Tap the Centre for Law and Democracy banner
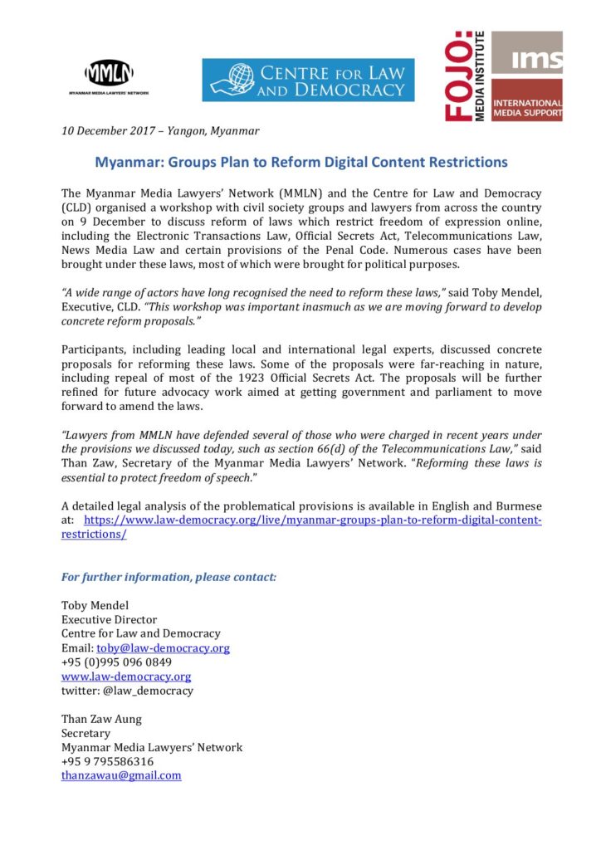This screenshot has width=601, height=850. tap(308, 80)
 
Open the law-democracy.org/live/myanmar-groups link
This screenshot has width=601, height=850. tap(313, 520)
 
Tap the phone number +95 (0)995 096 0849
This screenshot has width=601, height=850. tap(116, 662)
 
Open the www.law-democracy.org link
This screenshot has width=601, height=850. tap(126, 676)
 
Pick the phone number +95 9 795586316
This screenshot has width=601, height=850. tap(107, 761)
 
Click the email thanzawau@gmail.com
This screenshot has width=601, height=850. tap(121, 775)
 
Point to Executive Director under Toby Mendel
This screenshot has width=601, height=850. tap(109, 619)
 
